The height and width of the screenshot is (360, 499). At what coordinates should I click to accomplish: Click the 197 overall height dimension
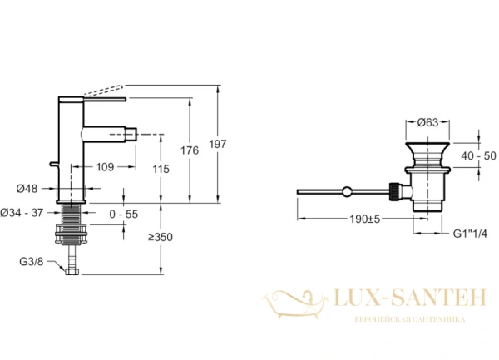tap(218, 144)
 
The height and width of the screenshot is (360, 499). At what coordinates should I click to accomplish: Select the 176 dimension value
tap(190, 150)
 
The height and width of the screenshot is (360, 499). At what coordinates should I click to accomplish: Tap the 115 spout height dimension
tap(161, 169)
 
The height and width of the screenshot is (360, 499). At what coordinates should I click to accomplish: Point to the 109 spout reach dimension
tap(105, 167)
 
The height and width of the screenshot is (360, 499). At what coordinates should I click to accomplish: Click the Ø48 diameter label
tap(27, 189)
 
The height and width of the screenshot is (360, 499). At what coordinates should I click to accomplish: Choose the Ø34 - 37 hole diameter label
tap(22, 213)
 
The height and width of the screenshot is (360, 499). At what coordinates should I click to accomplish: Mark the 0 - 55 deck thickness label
tap(123, 215)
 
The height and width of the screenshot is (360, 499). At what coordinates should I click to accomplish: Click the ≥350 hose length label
tap(161, 237)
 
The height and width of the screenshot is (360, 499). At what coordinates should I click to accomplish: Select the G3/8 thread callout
tap(32, 262)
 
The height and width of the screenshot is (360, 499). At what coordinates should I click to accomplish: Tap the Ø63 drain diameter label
tap(427, 122)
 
